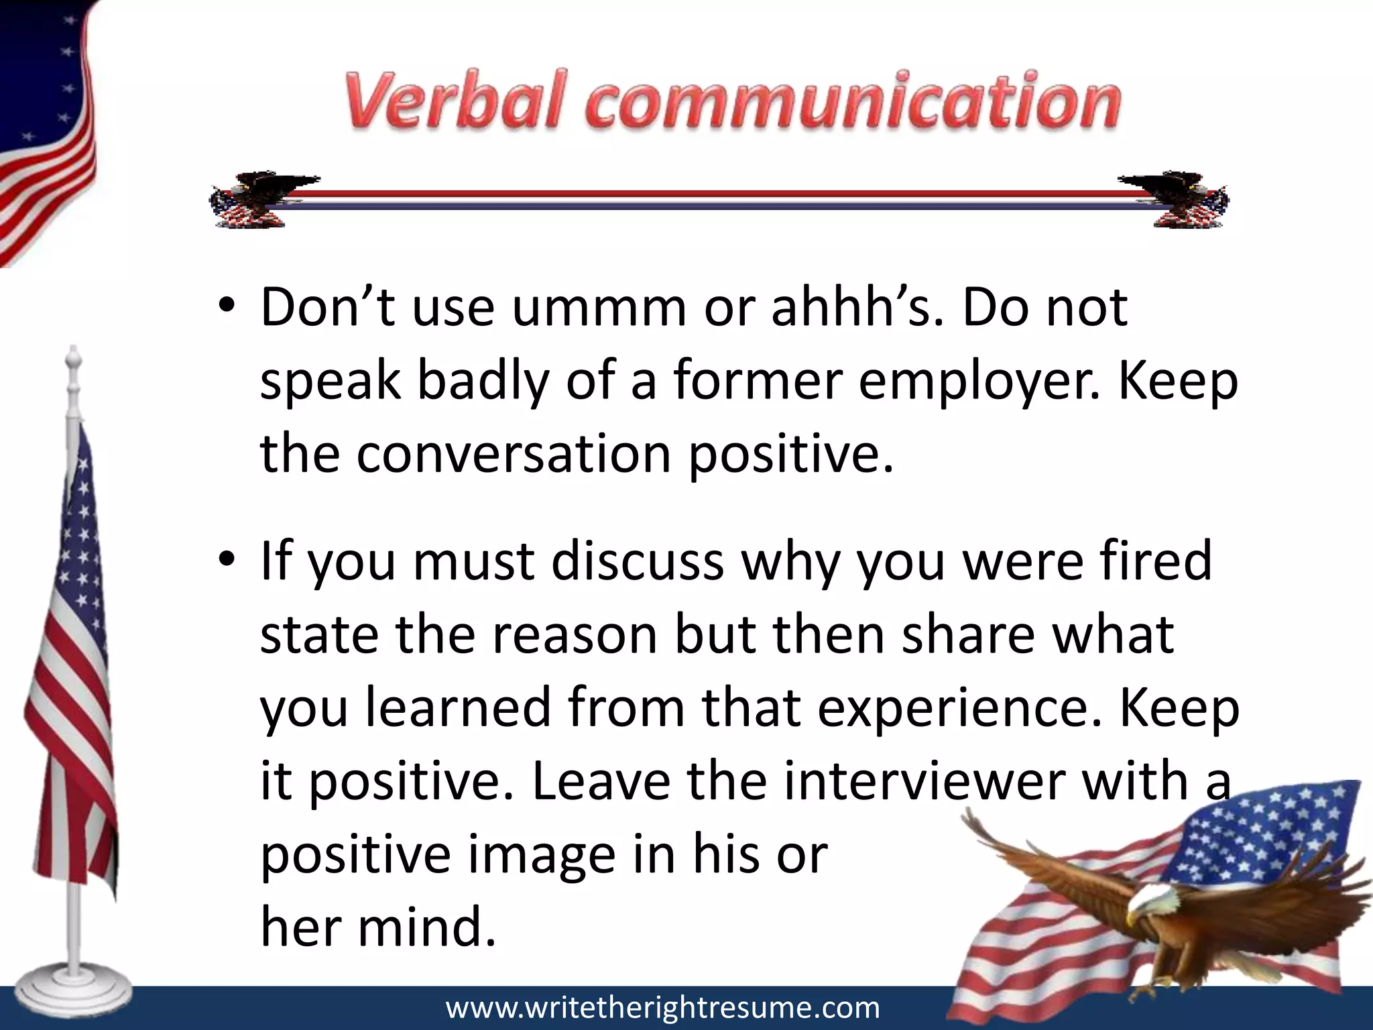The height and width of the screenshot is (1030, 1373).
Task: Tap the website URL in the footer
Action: [x=662, y=1008]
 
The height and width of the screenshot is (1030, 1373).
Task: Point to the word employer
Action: [x=979, y=382]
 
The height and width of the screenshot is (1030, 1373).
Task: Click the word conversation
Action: [x=514, y=454]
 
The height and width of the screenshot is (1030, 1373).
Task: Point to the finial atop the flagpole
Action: [x=72, y=362]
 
